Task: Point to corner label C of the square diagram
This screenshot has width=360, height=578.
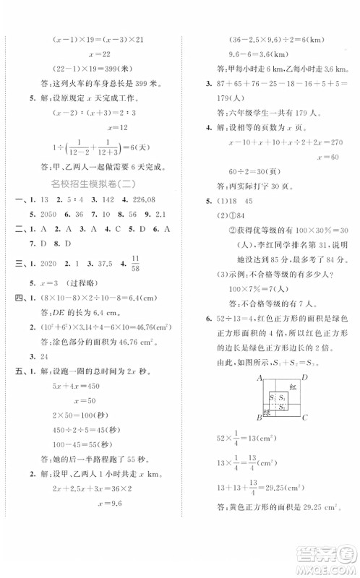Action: (x=306, y=418)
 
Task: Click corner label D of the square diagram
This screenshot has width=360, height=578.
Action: (x=306, y=379)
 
